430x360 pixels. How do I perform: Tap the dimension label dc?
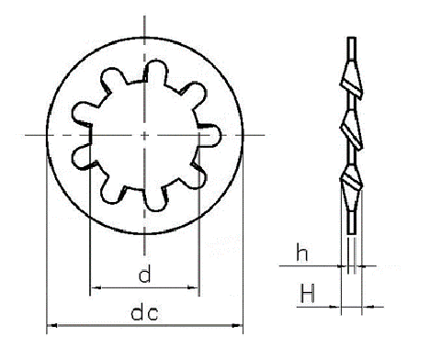[144, 313]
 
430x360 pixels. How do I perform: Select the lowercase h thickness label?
[302, 253]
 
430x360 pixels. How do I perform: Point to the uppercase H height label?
[307, 293]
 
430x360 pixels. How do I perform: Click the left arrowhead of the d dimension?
[96, 287]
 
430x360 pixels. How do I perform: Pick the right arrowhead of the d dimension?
[192, 287]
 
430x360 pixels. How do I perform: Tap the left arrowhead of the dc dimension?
[52, 325]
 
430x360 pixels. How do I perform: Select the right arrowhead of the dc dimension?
[237, 325]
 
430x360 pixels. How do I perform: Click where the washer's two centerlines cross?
[144, 135]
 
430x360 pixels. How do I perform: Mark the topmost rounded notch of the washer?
[155, 72]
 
